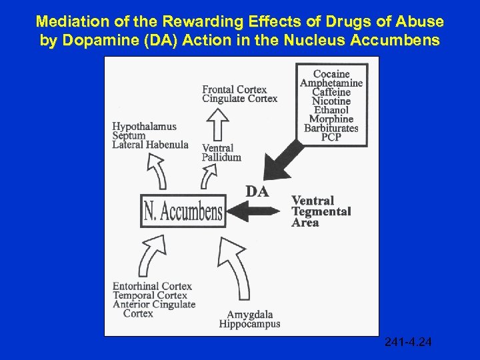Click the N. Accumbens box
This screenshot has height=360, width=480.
183,211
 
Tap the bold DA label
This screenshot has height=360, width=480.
257,192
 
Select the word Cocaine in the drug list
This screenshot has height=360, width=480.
331,74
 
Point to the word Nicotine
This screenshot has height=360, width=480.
331,101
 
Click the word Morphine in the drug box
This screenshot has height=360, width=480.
331,119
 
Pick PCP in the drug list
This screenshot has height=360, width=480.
331,137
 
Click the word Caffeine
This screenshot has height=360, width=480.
331,92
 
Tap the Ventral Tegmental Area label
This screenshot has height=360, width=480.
321,211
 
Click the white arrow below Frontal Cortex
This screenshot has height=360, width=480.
219,123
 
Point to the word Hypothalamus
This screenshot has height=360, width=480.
144,127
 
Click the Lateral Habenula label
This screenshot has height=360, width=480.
150,145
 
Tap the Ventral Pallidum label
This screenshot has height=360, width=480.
221,153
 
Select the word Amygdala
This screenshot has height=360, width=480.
249,315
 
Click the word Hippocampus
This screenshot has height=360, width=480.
249,324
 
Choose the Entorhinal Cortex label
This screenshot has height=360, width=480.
152,287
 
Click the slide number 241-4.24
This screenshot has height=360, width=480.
408,343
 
